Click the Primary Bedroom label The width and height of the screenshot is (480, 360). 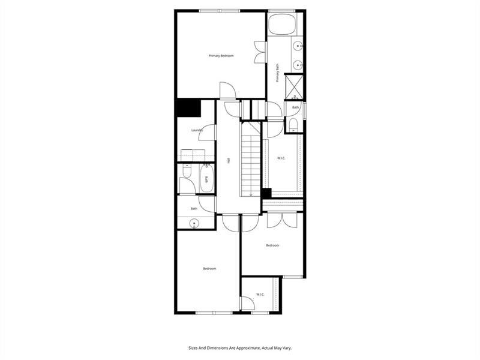click(221, 56)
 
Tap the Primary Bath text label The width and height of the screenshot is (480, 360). click(278, 73)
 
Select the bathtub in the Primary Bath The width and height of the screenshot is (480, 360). click(282, 23)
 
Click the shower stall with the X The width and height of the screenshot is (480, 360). click(294, 87)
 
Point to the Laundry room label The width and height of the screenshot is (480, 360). click(197, 130)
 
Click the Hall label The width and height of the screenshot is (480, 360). click(229, 160)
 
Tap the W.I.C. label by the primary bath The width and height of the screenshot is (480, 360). click(281, 158)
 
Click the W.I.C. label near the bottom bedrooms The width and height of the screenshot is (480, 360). click(260, 295)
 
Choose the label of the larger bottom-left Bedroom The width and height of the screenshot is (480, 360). click(209, 268)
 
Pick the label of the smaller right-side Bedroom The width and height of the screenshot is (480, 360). click(272, 245)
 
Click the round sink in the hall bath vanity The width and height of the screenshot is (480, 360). click(194, 224)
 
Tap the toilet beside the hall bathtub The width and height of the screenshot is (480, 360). click(187, 171)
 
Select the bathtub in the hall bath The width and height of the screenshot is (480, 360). click(206, 179)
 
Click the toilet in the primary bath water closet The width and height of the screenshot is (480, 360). click(293, 125)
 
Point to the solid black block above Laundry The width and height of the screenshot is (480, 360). click(188, 108)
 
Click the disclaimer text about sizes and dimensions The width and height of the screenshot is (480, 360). click(240, 348)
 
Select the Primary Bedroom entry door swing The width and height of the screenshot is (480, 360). click(228, 90)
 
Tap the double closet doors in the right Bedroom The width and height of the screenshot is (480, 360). click(282, 220)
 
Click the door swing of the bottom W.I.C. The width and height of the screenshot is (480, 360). click(248, 304)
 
